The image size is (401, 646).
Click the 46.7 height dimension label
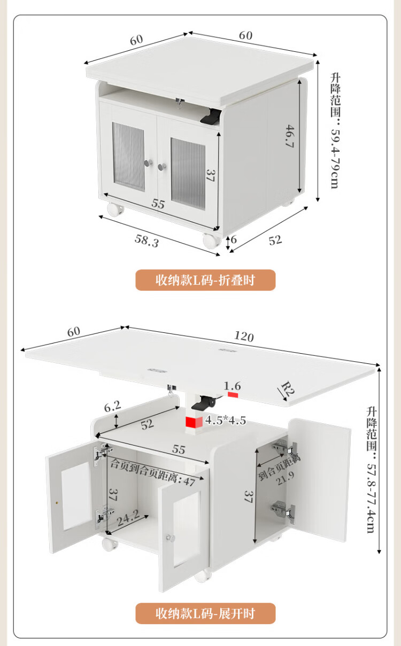pos(290,136)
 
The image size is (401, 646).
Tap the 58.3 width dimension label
pos(147,241)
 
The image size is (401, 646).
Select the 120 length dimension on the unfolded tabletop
pos(244,336)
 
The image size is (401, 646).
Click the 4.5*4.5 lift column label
pos(226,420)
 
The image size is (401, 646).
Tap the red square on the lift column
pos(194,422)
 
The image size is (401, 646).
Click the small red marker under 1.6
pos(233,394)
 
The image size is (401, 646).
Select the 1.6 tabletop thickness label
pos(232,386)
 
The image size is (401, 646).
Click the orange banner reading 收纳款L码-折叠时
pos(205,280)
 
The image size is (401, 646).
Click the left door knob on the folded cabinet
pos(148,163)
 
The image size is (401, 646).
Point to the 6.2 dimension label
pos(112,407)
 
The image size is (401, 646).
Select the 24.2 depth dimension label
pos(128,518)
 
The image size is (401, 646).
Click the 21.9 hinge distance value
pos(285,478)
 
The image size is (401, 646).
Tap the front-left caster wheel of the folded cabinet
pos(115,209)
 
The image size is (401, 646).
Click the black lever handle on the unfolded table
pos(204,402)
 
